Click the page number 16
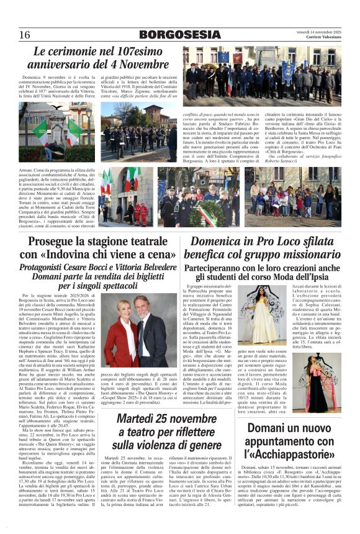click(x=25, y=35)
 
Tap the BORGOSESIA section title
click(x=179, y=35)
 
